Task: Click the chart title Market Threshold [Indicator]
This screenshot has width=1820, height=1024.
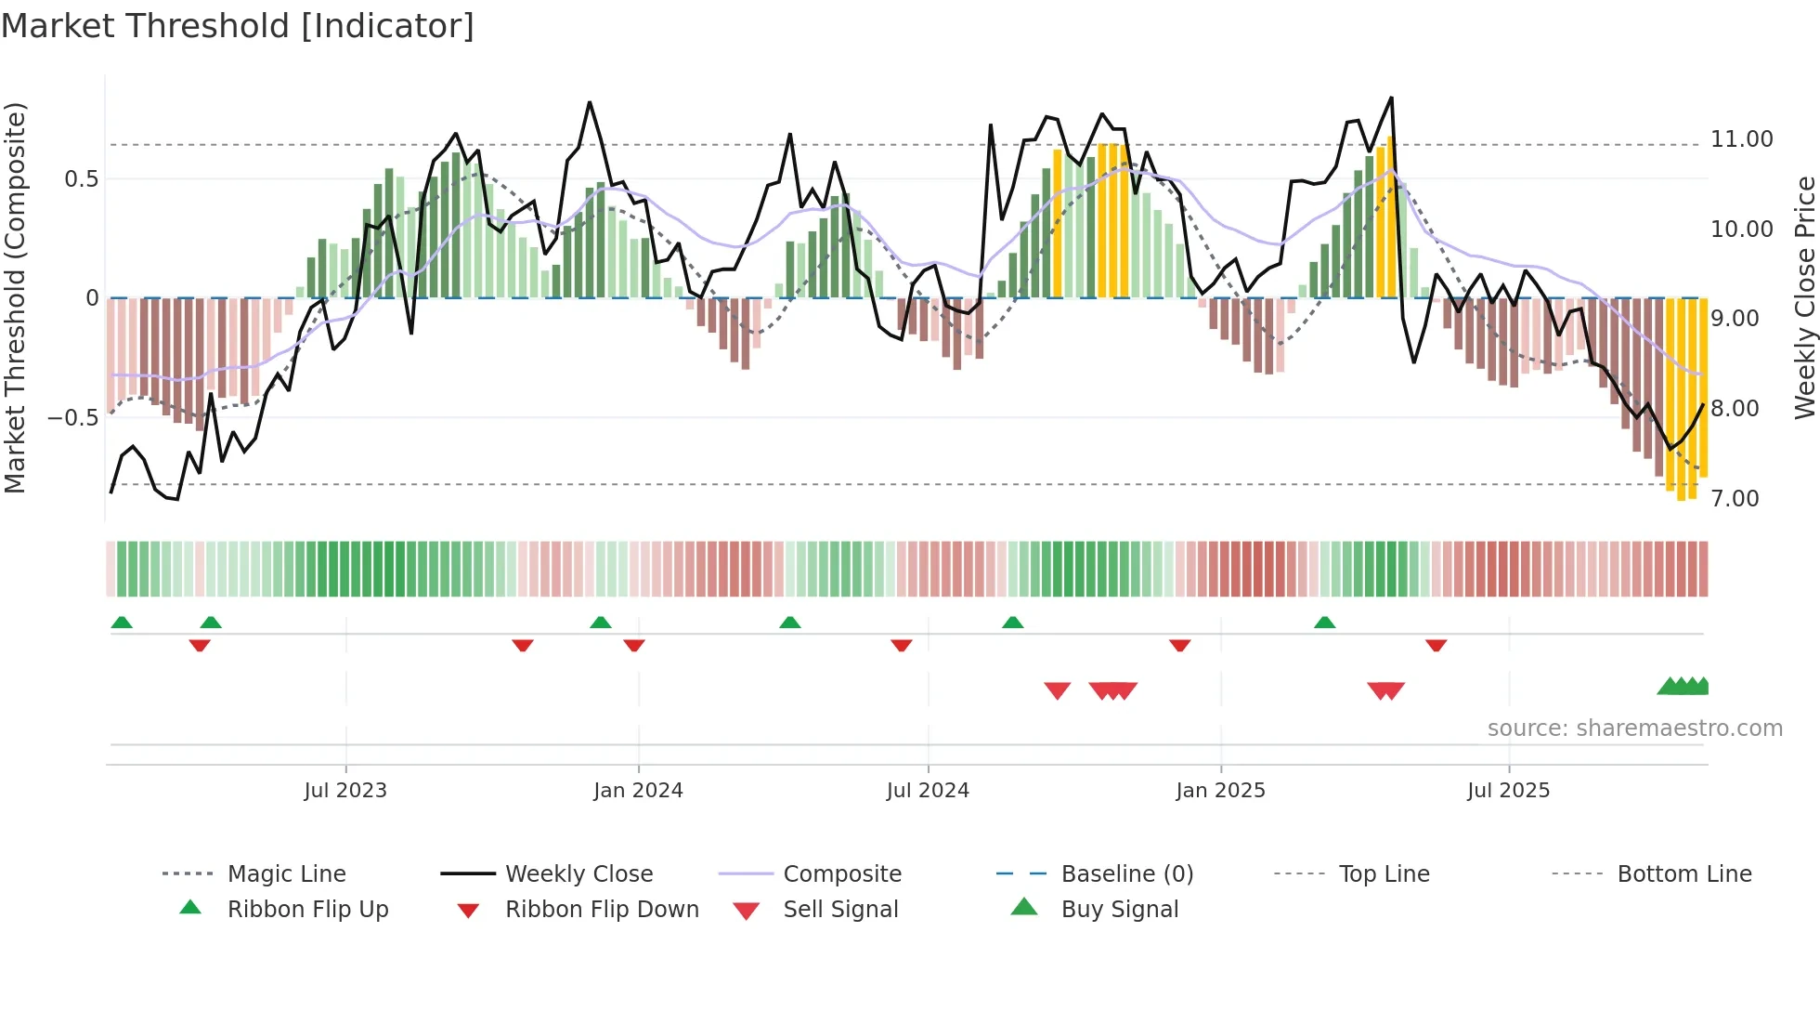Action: point(238,26)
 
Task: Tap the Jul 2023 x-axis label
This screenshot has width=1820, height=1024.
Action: point(345,791)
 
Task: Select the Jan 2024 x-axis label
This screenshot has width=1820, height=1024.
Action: point(638,791)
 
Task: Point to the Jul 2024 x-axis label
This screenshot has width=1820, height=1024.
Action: point(928,791)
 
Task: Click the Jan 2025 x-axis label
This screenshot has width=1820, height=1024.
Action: point(1220,791)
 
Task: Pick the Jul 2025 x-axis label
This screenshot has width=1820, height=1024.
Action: point(1509,791)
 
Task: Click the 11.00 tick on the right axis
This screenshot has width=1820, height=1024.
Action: point(1742,139)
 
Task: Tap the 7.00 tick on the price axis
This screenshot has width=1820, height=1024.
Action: point(1735,499)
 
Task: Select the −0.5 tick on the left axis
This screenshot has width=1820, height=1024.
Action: point(73,418)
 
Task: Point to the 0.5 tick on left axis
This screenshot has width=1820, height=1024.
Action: point(81,179)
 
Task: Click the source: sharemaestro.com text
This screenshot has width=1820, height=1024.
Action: point(1634,729)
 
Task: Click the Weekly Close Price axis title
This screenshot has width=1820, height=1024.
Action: point(1804,297)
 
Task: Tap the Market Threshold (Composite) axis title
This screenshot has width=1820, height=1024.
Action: point(15,297)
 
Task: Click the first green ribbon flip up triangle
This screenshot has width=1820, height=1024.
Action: point(122,623)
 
